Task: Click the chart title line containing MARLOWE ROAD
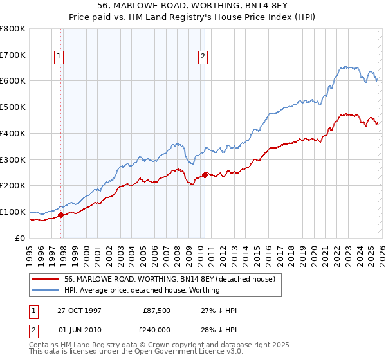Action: pos(193,7)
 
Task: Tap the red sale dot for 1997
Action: pos(61,215)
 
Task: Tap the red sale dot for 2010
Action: pos(205,175)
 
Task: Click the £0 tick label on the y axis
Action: pos(19,238)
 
